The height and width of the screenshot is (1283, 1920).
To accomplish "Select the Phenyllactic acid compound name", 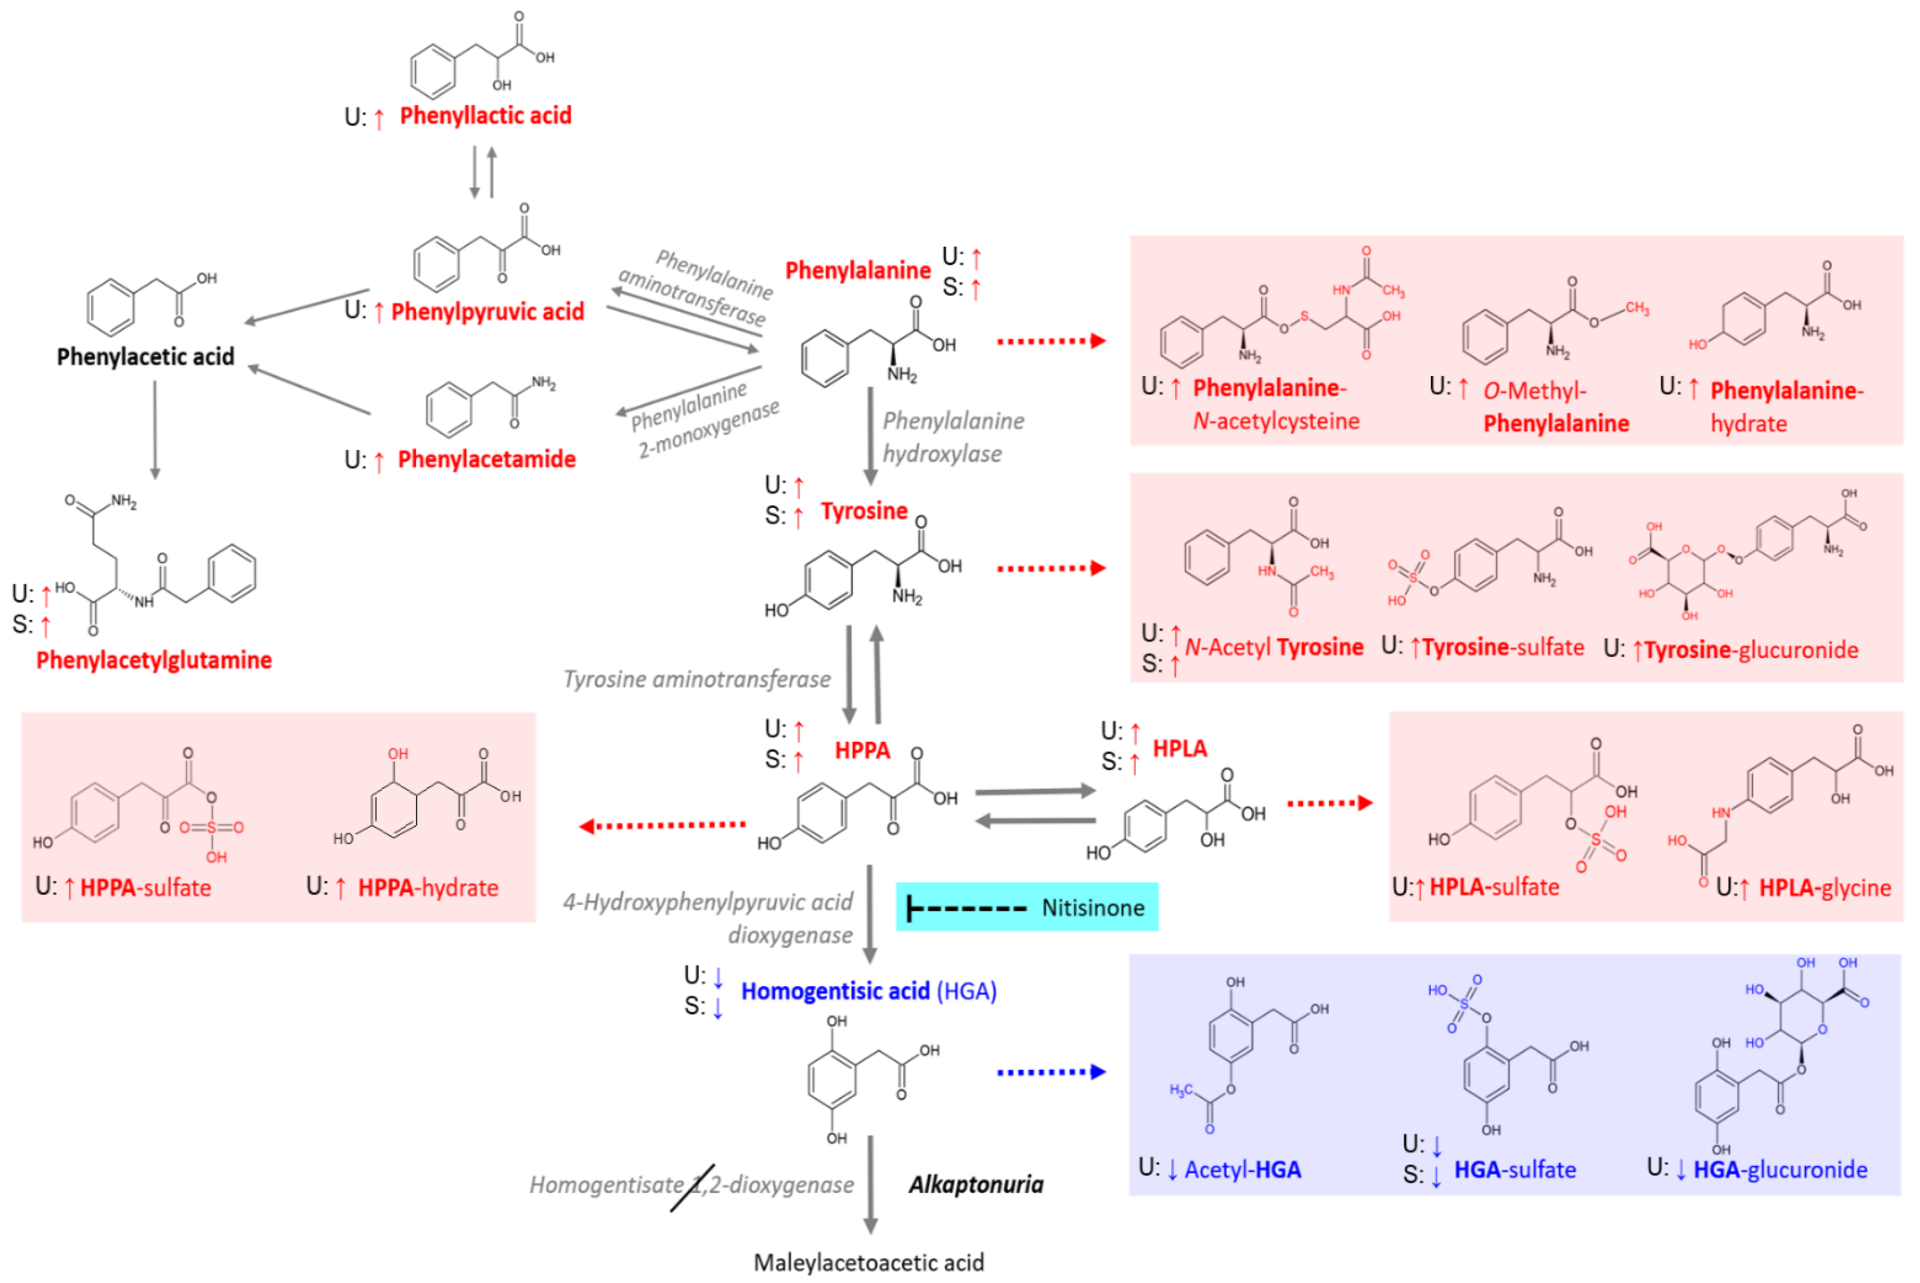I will (485, 115).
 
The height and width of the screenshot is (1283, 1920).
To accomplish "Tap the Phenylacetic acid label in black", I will (145, 357).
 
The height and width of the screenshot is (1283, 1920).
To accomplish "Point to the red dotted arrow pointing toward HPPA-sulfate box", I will (663, 826).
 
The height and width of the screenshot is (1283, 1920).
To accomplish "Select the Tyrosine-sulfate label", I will (1502, 647).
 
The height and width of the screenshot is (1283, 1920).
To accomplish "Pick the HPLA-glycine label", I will (1824, 888).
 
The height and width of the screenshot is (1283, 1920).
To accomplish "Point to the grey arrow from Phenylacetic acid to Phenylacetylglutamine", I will (154, 430).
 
